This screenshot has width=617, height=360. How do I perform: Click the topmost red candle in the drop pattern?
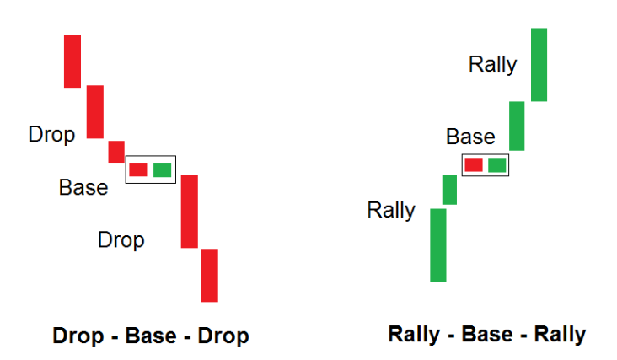pyautogui.click(x=72, y=61)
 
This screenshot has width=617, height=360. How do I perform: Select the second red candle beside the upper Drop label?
pyautogui.click(x=95, y=112)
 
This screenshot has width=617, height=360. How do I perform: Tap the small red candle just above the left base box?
pyautogui.click(x=116, y=152)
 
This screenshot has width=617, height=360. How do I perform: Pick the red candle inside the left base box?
pyautogui.click(x=138, y=169)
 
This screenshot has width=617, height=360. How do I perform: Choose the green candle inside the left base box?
pyautogui.click(x=162, y=170)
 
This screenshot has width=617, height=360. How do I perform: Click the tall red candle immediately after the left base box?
pyautogui.click(x=190, y=212)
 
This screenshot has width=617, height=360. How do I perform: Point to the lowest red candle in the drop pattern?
pyautogui.click(x=210, y=276)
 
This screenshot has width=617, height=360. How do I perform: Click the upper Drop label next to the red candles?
pyautogui.click(x=51, y=135)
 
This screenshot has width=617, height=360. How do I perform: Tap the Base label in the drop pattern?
pyautogui.click(x=83, y=187)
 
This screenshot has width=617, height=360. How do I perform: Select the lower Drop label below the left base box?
pyautogui.click(x=121, y=240)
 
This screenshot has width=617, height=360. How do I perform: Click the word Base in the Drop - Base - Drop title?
pyautogui.click(x=151, y=336)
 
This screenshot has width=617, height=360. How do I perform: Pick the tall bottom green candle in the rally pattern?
pyautogui.click(x=438, y=245)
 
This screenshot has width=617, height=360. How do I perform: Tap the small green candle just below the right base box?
pyautogui.click(x=450, y=190)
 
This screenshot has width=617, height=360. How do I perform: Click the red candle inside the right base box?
pyautogui.click(x=474, y=165)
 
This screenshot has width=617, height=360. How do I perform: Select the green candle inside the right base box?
pyautogui.click(x=497, y=165)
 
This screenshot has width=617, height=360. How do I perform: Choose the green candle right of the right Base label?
pyautogui.click(x=517, y=126)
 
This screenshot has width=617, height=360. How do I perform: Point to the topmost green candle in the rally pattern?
pyautogui.click(x=539, y=65)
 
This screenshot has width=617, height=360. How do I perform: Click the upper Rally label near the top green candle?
pyautogui.click(x=492, y=65)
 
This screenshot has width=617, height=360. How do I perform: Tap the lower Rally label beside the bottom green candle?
pyautogui.click(x=391, y=210)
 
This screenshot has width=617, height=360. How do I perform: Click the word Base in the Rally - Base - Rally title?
pyautogui.click(x=487, y=335)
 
